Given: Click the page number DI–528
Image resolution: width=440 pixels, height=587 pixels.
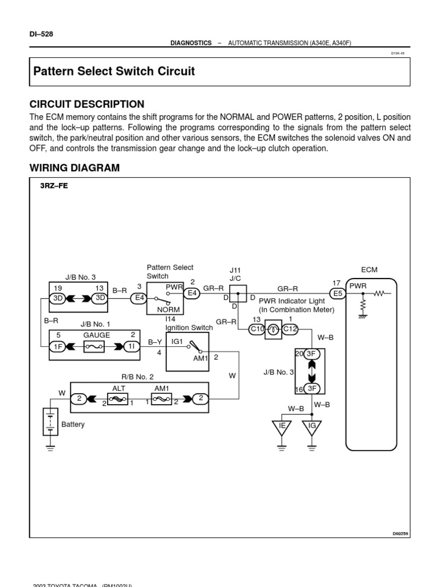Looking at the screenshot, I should coord(41,34).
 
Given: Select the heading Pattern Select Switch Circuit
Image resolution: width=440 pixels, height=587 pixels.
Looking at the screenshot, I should coord(114,72).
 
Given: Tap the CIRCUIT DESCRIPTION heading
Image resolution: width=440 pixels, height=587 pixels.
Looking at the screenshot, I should coord(87,104).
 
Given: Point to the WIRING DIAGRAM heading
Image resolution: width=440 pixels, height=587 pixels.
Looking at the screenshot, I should coord(74,168).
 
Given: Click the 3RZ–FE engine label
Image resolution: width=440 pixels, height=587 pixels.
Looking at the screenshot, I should coord(54,186).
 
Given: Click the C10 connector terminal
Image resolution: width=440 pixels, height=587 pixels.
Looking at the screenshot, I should coord(256,328).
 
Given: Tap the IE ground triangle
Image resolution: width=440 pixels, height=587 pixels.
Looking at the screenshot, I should coord(281,427).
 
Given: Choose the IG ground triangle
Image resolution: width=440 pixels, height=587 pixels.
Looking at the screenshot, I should coord(312,427).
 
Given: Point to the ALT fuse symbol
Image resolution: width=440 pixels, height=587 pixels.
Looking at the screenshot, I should coord(118,399).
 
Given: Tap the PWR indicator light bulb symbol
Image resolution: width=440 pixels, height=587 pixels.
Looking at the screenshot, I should coord(273,328).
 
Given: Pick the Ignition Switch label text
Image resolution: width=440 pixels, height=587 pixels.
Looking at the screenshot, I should coord(189,328).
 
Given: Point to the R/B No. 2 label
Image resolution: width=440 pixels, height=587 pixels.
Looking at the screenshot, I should coord(137,377).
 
